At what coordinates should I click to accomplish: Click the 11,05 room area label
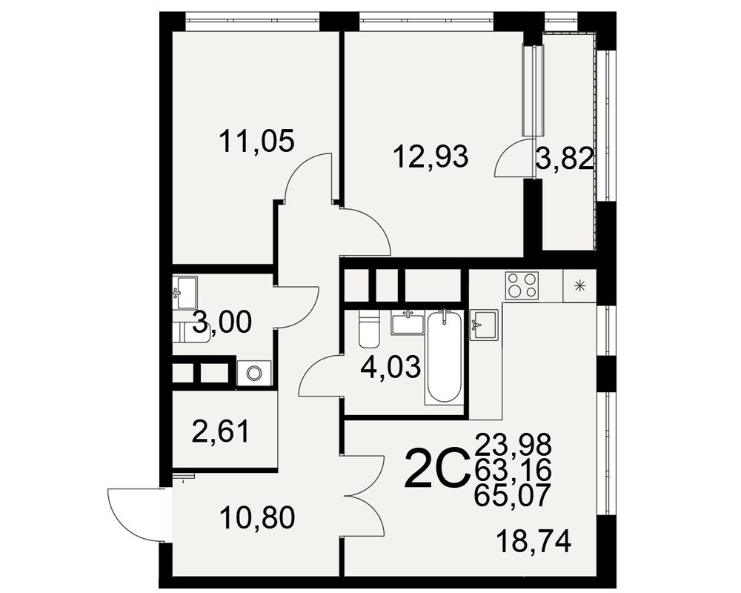pyautogui.click(x=257, y=141)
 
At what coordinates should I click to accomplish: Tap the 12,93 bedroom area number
pyautogui.click(x=431, y=156)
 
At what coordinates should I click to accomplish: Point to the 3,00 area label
pyautogui.click(x=222, y=322)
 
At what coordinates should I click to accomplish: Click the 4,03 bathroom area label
pyautogui.click(x=390, y=367)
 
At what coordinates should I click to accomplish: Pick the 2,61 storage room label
pyautogui.click(x=221, y=431)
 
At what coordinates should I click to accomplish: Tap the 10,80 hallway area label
pyautogui.click(x=257, y=517)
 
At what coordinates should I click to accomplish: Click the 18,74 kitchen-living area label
pyautogui.click(x=534, y=541)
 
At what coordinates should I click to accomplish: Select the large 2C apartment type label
pyautogui.click(x=436, y=468)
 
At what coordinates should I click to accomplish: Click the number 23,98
pyautogui.click(x=514, y=445)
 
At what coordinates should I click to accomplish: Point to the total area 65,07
pyautogui.click(x=514, y=496)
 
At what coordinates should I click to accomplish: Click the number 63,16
pyautogui.click(x=514, y=470)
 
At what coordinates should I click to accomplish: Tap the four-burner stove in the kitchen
pyautogui.click(x=522, y=285)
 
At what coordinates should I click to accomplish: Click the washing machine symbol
pyautogui.click(x=254, y=373)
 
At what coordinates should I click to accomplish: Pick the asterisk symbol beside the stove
pyautogui.click(x=579, y=285)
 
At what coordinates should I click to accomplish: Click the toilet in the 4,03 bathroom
pyautogui.click(x=368, y=328)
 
